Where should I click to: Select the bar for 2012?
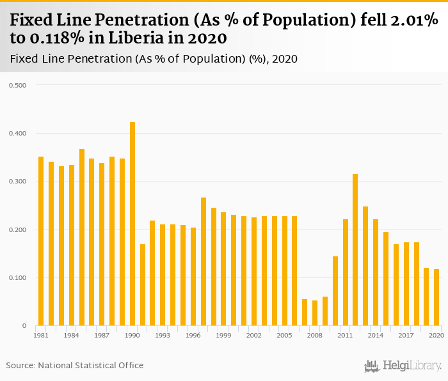355,250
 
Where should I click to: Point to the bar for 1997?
204,261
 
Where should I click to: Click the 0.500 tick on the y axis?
17,85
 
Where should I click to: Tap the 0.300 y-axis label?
17,182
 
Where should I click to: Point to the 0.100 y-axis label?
17,278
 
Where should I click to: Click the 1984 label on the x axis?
72,335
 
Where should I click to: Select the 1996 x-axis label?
193,335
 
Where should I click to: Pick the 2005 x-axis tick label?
285,335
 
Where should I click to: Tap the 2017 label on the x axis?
406,335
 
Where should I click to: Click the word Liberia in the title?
120,38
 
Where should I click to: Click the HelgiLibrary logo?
403,366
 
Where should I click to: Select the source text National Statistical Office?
91,366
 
